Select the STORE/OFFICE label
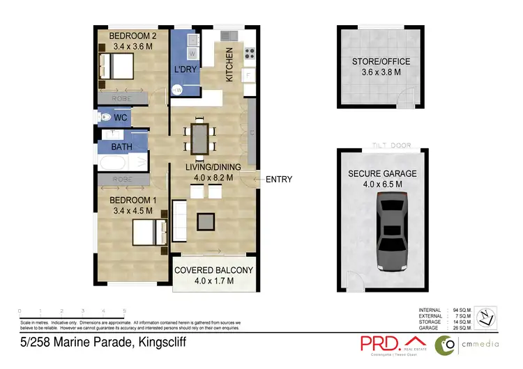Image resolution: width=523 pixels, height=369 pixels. pyautogui.click(x=381, y=62)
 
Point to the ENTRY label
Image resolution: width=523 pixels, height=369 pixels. pyautogui.click(x=279, y=180)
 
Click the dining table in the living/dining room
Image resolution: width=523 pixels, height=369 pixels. pyautogui.click(x=200, y=138)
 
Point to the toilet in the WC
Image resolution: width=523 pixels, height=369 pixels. pyautogui.click(x=105, y=117)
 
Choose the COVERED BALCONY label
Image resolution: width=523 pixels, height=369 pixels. pyautogui.click(x=213, y=270)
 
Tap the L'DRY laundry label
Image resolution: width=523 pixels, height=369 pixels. pyautogui.click(x=186, y=69)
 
